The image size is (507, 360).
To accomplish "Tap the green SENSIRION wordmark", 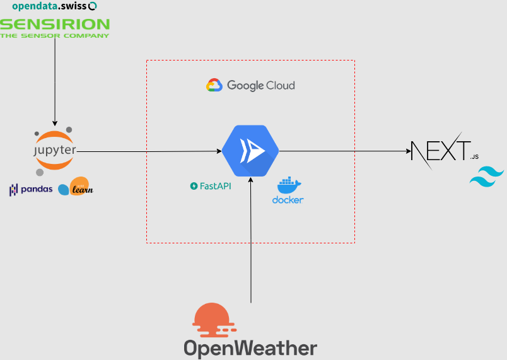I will pyautogui.click(x=55, y=25).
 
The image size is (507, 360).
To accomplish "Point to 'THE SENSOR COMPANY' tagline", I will pyautogui.click(x=55, y=36).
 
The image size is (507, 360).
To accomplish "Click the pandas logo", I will pyautogui.click(x=31, y=189).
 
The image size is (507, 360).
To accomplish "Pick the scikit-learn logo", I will pyautogui.click(x=75, y=187).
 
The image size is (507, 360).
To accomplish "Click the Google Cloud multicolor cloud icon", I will pyautogui.click(x=214, y=85).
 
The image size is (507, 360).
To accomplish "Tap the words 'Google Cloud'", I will pyautogui.click(x=260, y=85).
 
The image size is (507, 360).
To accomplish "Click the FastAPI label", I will pyautogui.click(x=211, y=186).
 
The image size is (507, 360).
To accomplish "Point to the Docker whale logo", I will pyautogui.click(x=289, y=185).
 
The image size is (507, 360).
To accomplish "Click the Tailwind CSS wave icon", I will pyautogui.click(x=487, y=176).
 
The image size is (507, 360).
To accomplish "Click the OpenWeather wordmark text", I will pyautogui.click(x=250, y=348).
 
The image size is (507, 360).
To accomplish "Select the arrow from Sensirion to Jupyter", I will pyautogui.click(x=55, y=82).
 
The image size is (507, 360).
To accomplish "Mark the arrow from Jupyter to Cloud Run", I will pyautogui.click(x=149, y=151).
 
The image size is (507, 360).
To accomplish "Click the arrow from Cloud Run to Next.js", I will pyautogui.click(x=344, y=151).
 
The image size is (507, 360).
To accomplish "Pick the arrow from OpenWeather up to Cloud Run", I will pyautogui.click(x=251, y=240).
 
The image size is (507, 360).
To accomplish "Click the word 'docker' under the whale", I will pyautogui.click(x=288, y=200).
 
